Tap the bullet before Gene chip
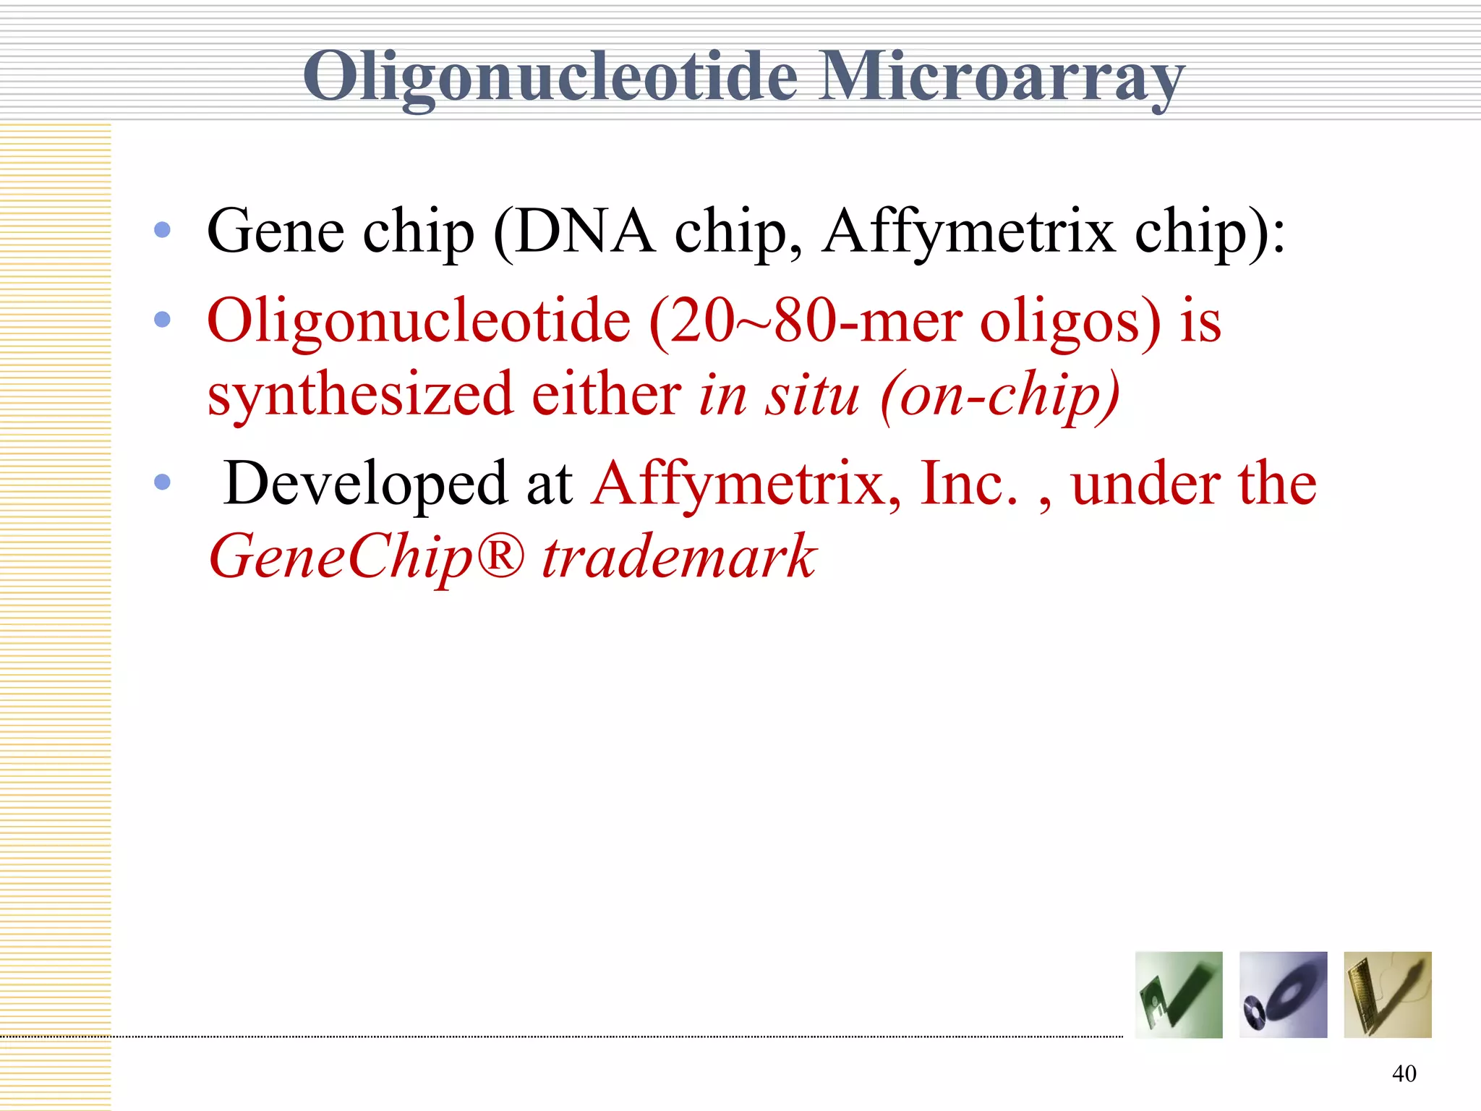pos(163,230)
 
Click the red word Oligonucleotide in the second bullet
pos(419,321)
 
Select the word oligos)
pos(1070,323)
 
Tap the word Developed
pos(366,484)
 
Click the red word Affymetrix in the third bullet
pos(746,484)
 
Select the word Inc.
pos(969,482)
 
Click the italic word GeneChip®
pos(365,558)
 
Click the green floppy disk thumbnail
pos(1179,995)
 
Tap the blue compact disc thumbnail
pos(1283,995)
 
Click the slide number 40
pos(1404,1073)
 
